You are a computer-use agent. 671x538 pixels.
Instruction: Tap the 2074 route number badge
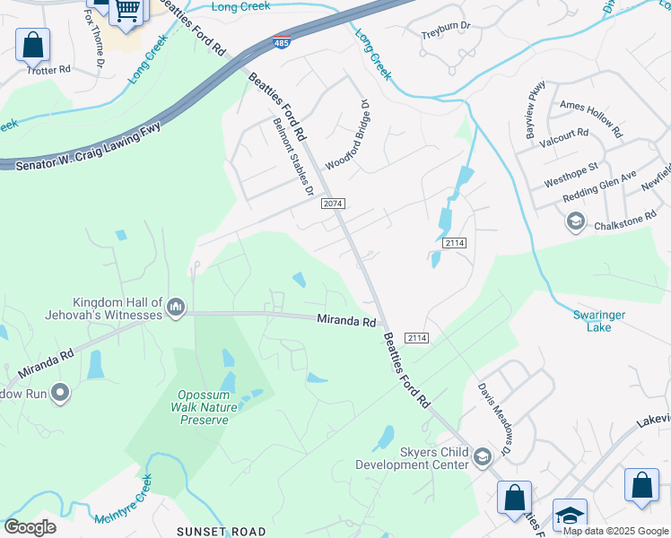click(x=333, y=204)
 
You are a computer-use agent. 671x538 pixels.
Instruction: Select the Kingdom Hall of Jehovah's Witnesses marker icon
click(x=176, y=308)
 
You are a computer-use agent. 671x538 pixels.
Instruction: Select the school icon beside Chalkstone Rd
click(x=575, y=221)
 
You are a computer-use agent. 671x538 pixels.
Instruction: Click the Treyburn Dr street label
click(x=446, y=36)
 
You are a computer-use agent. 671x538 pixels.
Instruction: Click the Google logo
click(x=29, y=527)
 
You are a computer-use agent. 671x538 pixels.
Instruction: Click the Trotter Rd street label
click(x=48, y=69)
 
